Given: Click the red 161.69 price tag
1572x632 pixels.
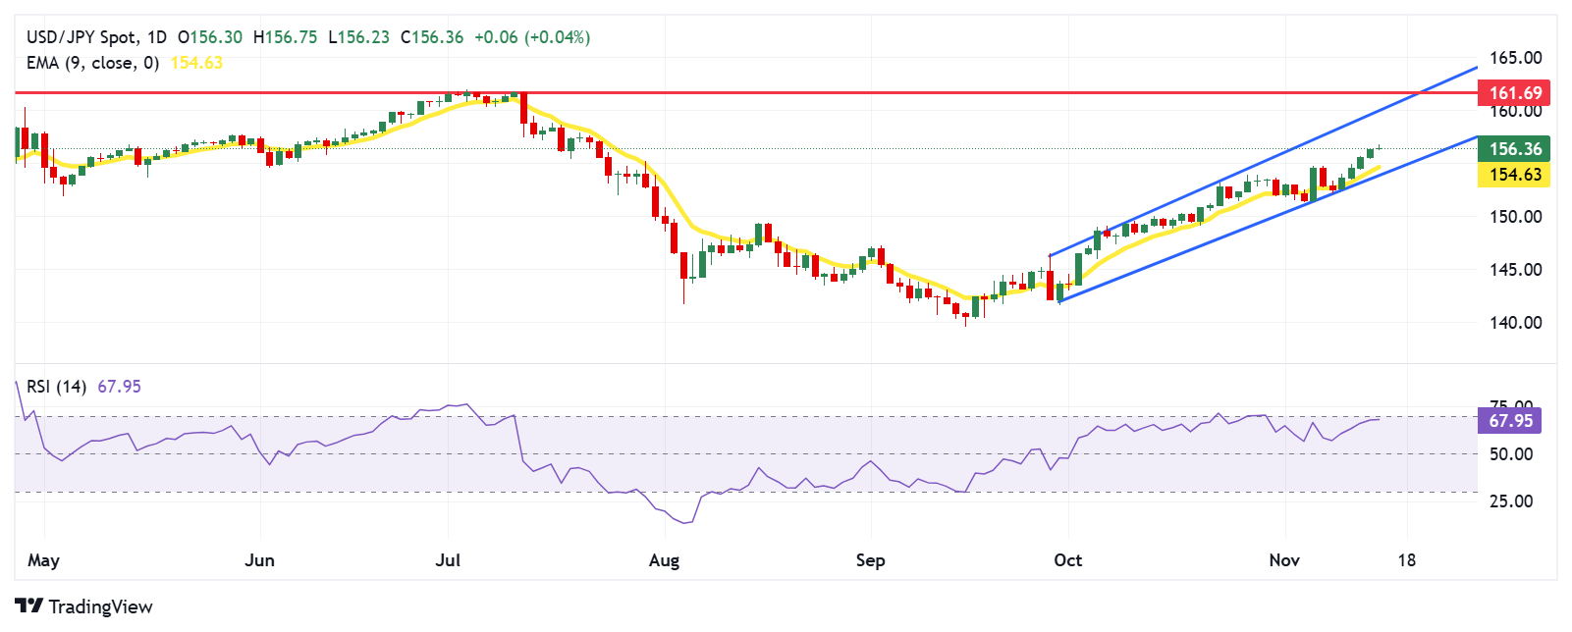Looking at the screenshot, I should pyautogui.click(x=1514, y=93).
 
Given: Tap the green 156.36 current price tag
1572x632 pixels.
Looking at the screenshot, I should pyautogui.click(x=1514, y=149).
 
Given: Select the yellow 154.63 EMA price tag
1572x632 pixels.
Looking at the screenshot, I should pyautogui.click(x=1514, y=175).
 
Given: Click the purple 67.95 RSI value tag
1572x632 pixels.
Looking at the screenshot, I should pyautogui.click(x=1509, y=421).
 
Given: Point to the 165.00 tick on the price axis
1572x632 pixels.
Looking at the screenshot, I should pyautogui.click(x=1515, y=58).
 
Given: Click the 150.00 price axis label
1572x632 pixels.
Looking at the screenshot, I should pyautogui.click(x=1515, y=217).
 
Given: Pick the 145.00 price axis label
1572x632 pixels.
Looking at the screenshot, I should pyautogui.click(x=1515, y=270).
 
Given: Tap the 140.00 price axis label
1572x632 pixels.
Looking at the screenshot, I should pyautogui.click(x=1515, y=323).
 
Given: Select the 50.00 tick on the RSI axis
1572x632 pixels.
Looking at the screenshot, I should pyautogui.click(x=1511, y=454).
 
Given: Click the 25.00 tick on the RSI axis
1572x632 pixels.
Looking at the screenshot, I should pyautogui.click(x=1511, y=501).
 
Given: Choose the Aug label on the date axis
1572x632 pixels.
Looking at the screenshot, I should pyautogui.click(x=665, y=560).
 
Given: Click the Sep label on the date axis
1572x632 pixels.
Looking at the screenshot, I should pyautogui.click(x=871, y=560).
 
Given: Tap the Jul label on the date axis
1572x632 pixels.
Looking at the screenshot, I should pyautogui.click(x=448, y=560).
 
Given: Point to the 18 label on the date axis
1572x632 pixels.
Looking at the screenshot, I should pyautogui.click(x=1407, y=560).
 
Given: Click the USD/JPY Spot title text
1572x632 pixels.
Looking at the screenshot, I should pyautogui.click(x=82, y=37).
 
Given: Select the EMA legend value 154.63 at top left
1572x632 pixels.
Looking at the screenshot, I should pyautogui.click(x=196, y=63).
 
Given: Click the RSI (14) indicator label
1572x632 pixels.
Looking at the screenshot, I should pyautogui.click(x=57, y=387).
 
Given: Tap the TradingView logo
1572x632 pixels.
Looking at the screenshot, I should pyautogui.click(x=84, y=606).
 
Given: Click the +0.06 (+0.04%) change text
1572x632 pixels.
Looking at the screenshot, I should pyautogui.click(x=531, y=37).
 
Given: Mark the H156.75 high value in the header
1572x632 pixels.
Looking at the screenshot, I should pyautogui.click(x=285, y=37).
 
